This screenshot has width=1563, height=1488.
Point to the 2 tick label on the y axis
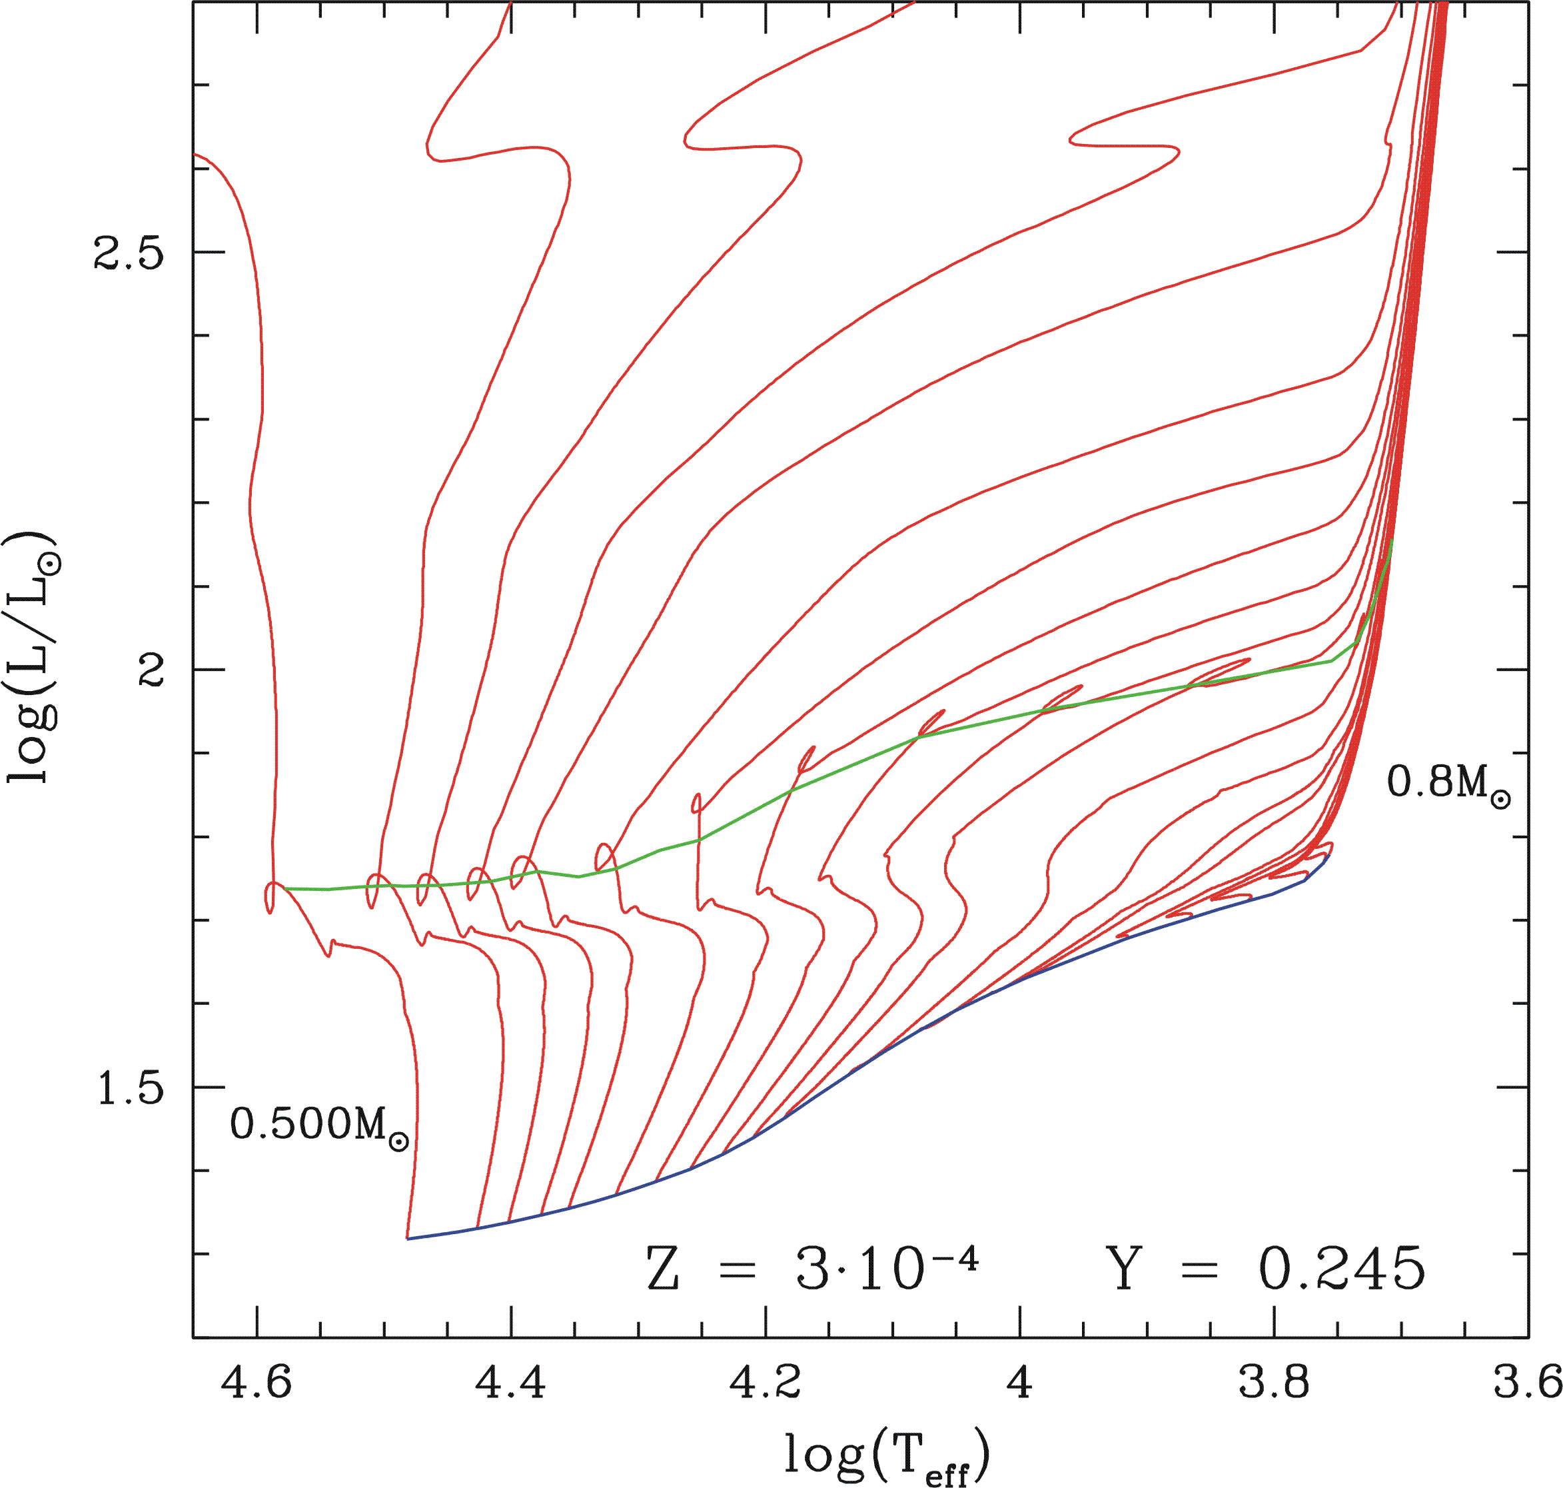pyautogui.click(x=151, y=670)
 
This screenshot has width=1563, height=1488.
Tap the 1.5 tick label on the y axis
pyautogui.click(x=129, y=1088)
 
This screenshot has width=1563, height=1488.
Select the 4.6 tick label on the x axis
pyautogui.click(x=256, y=1383)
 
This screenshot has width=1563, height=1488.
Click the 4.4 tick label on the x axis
pyautogui.click(x=511, y=1383)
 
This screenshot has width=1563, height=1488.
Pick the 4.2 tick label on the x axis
pyautogui.click(x=766, y=1383)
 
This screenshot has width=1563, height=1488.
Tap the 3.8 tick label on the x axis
pyautogui.click(x=1275, y=1383)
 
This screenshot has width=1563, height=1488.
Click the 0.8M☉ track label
pyautogui.click(x=1448, y=784)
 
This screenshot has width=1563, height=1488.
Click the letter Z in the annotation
pyautogui.click(x=663, y=1269)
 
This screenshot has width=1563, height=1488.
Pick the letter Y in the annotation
pyautogui.click(x=1124, y=1269)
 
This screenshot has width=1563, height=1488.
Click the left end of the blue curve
pyautogui.click(x=408, y=1238)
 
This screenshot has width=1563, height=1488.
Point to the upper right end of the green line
pyautogui.click(x=1392, y=540)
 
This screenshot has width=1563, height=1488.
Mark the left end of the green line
pyautogui.click(x=285, y=888)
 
